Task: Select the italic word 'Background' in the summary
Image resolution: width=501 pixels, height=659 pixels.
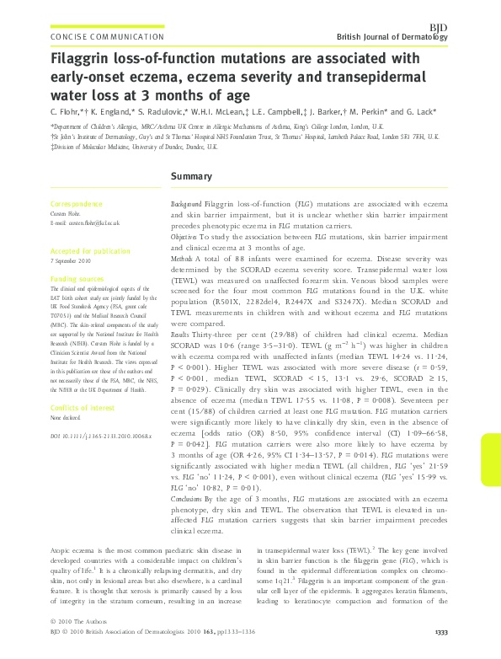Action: click(185, 205)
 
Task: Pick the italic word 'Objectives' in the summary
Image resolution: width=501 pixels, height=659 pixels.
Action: click(184, 238)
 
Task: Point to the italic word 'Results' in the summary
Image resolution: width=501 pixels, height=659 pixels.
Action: click(181, 357)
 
